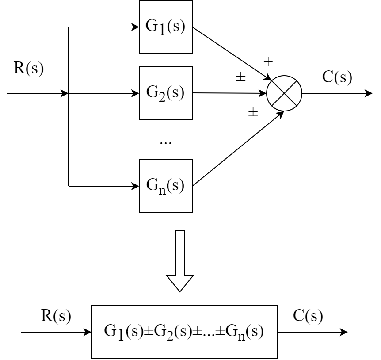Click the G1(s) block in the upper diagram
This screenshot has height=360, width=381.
(166, 27)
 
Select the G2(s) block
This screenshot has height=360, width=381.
(166, 93)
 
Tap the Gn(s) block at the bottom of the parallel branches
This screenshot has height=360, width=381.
(166, 186)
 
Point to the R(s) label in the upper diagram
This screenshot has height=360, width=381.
(29, 68)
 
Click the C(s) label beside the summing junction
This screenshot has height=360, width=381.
(337, 77)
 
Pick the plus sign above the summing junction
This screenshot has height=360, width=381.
(268, 62)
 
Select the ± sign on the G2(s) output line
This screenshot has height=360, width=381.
(240, 77)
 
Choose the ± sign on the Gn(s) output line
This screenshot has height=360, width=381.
(253, 112)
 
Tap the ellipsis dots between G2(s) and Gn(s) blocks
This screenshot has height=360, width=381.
(165, 143)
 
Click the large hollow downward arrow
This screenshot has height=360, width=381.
(180, 261)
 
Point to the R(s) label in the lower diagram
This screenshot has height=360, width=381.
(56, 316)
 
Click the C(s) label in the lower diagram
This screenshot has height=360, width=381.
(308, 316)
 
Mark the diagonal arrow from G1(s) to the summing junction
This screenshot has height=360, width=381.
(232, 54)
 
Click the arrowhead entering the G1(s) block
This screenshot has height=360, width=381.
(135, 27)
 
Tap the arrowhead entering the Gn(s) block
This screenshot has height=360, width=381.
(135, 186)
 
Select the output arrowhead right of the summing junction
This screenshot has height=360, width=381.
(369, 93)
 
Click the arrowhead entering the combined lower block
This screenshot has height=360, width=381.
(88, 332)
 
